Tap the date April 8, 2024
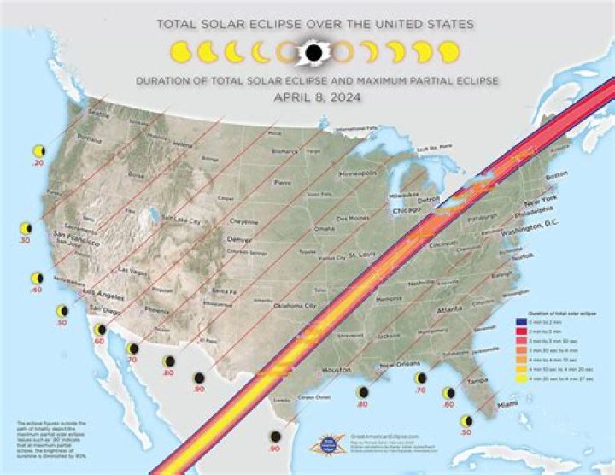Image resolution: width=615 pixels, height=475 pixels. pyautogui.click(x=313, y=97)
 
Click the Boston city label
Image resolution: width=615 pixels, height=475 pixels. pyautogui.click(x=556, y=174)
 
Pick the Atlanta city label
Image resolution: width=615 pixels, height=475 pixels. pyautogui.click(x=449, y=311)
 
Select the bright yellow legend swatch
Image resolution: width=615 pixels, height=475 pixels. pyautogui.click(x=518, y=376)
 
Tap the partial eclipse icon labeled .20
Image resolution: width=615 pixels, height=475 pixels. pyautogui.click(x=38, y=151)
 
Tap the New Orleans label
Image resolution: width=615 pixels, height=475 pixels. pyautogui.click(x=399, y=364)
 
